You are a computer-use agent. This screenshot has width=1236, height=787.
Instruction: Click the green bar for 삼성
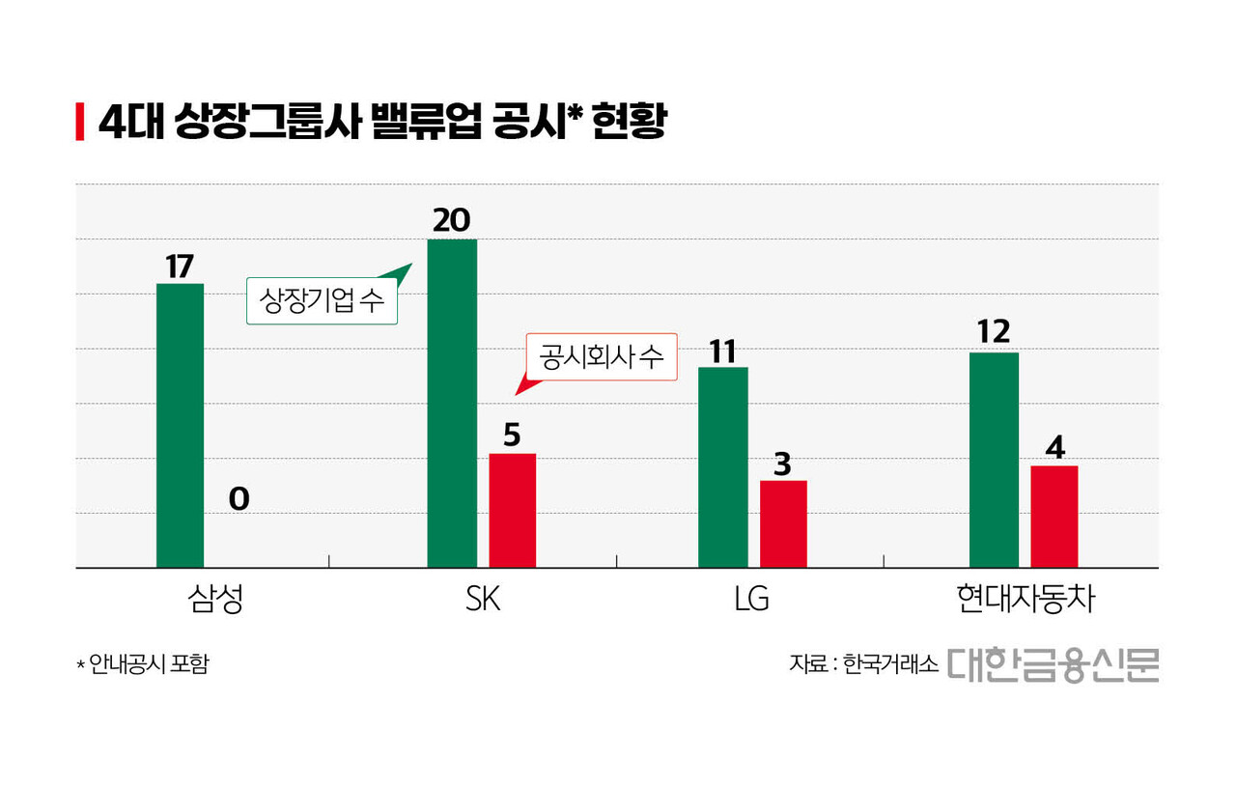pyautogui.click(x=180, y=425)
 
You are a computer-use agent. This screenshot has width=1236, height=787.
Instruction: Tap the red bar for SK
pyautogui.click(x=512, y=510)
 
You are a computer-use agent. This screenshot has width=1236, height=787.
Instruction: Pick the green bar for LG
pyautogui.click(x=723, y=467)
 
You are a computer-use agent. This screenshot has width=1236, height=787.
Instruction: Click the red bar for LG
pyautogui.click(x=783, y=523)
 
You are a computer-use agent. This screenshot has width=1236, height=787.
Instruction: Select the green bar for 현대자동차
pyautogui.click(x=994, y=460)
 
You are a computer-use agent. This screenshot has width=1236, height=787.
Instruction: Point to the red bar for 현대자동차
pyautogui.click(x=1054, y=517)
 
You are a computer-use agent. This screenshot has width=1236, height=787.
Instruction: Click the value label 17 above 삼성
pyautogui.click(x=180, y=267)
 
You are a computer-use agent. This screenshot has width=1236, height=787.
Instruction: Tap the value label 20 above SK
pyautogui.click(x=451, y=221)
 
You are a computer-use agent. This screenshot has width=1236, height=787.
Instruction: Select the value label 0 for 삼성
pyautogui.click(x=239, y=498)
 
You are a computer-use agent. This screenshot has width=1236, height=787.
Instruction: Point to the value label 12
pyautogui.click(x=994, y=332)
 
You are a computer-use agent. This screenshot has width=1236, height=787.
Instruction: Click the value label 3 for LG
pyautogui.click(x=783, y=464)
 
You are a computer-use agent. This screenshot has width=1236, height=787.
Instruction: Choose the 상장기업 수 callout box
pyautogui.click(x=322, y=301)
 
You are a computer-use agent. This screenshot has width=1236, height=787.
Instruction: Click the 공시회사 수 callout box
pyautogui.click(x=602, y=357)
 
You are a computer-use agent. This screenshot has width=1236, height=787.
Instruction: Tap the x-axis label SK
pyautogui.click(x=482, y=600)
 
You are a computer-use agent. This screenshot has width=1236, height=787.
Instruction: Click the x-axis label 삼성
pyautogui.click(x=214, y=600)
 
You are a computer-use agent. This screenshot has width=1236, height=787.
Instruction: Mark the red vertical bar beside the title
pyautogui.click(x=80, y=123)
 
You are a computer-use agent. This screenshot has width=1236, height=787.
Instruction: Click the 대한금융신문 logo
pyautogui.click(x=1053, y=664)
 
